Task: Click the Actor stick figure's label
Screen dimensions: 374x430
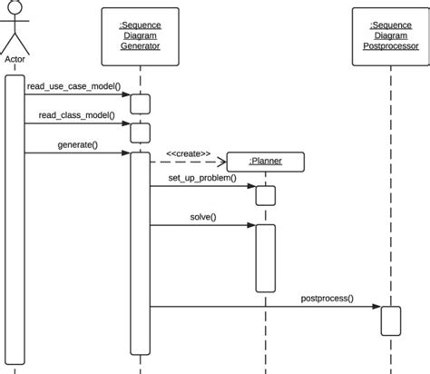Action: [x=14, y=62]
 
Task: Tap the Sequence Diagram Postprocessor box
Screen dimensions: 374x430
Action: [x=390, y=36]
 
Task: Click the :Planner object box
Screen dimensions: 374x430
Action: [x=266, y=162]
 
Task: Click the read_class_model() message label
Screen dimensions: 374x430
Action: [x=76, y=115]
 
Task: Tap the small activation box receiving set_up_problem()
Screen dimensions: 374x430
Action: [x=265, y=195]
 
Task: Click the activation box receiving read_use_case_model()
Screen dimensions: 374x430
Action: [x=140, y=103]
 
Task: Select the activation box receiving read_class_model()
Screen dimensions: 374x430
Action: [x=140, y=133]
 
